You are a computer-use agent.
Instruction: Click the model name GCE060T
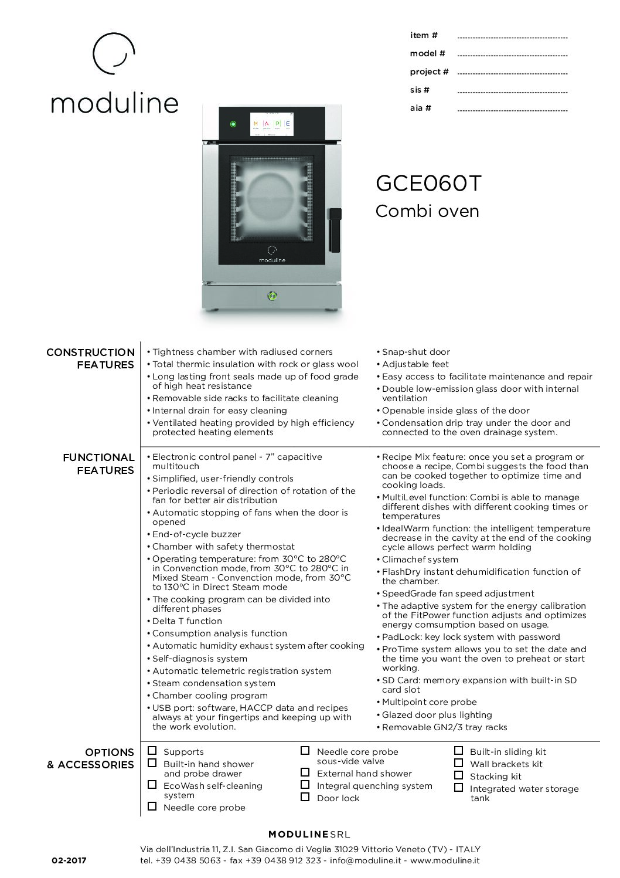point(428,184)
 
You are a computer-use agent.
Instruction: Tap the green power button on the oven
point(233,124)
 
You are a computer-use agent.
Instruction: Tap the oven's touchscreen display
point(272,124)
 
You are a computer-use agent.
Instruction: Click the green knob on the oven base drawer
point(272,296)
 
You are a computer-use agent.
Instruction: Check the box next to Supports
point(152,751)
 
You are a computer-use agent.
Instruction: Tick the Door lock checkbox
point(305,797)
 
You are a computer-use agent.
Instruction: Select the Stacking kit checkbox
point(459,775)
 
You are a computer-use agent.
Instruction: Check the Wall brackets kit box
point(459,763)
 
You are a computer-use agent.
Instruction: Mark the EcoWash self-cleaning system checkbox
point(152,785)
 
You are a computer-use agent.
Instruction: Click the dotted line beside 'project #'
point(512,74)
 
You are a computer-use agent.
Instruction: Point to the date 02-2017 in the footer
point(69,860)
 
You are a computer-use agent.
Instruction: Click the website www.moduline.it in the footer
point(445,860)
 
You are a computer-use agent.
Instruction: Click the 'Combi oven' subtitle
point(427,211)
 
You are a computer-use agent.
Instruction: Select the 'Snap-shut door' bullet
point(415,352)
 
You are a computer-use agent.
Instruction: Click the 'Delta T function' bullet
point(187,621)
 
